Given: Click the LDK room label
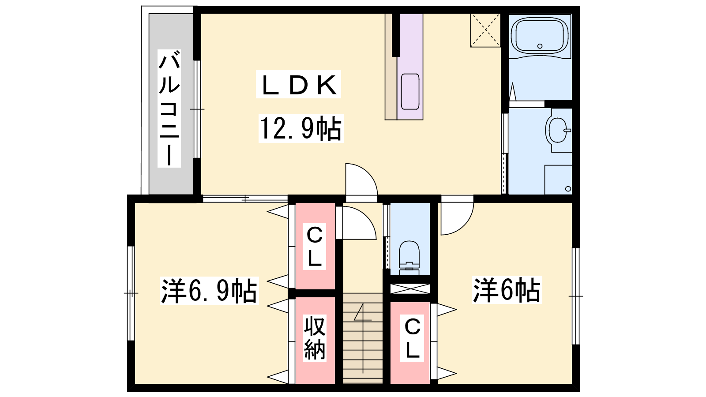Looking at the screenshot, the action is pos(298,84).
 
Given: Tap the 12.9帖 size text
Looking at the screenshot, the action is pos(300,128).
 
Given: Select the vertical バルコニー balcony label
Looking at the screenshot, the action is pos(169,109).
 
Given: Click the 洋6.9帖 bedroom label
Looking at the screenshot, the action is pos(209,291).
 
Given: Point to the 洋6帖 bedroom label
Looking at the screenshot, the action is pos(507,290).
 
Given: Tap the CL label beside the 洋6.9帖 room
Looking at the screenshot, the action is pos(314,247).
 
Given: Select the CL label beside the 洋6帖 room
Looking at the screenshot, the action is pos(412,338).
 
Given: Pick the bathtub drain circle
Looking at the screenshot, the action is pos(540,46).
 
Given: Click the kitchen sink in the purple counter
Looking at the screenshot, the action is pos(410,91).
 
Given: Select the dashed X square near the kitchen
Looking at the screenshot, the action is pos(485,30).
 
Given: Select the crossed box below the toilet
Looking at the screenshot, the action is pos(410,289).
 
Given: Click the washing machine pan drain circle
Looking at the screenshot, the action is pos(568,189).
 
